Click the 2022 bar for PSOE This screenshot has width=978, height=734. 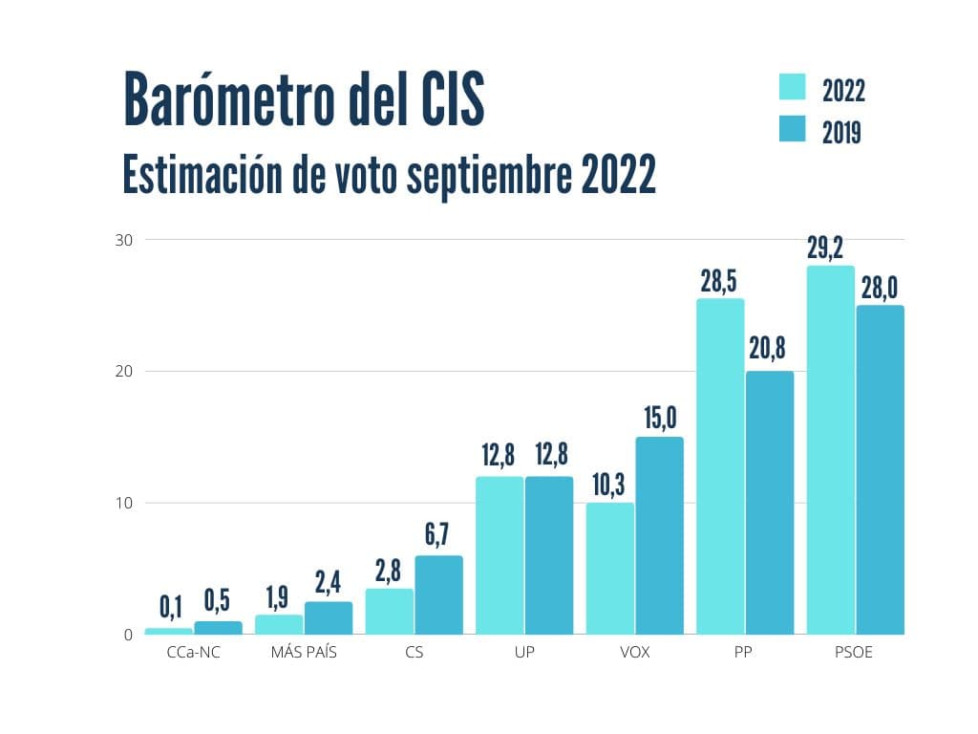coord(831,449)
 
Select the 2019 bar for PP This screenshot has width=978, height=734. coord(770,502)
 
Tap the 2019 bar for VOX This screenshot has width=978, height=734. coord(659,535)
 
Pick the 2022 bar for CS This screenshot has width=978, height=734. coord(390,611)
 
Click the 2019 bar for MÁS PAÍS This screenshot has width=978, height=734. coord(329,617)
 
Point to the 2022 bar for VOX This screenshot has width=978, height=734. coord(610,568)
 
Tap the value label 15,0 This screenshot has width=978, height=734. coord(659,417)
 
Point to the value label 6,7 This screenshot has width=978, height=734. coord(438,535)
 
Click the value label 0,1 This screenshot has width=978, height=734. coord(170,606)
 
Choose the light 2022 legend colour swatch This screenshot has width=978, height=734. coord(793,87)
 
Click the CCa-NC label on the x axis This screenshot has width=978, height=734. coord(194,654)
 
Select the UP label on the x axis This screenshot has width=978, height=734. coord(524,654)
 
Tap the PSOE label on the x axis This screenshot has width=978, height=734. coord(855,654)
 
